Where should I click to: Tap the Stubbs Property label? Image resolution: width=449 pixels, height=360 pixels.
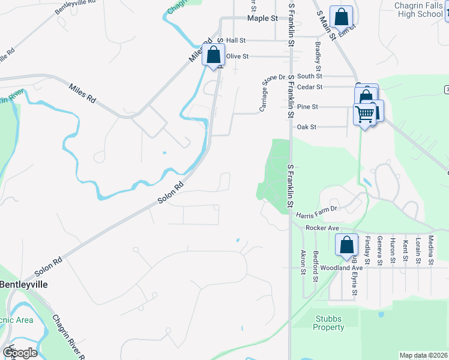point(328,323)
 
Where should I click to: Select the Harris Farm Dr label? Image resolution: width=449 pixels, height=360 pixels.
point(318,209)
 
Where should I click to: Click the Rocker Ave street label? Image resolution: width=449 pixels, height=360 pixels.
point(322,228)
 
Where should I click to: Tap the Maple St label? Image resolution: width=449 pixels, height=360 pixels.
point(262,19)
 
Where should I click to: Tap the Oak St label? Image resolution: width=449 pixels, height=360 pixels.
point(306,127)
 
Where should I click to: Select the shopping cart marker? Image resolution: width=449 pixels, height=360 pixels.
point(365,113)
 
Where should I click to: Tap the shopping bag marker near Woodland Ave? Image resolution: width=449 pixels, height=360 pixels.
point(346,245)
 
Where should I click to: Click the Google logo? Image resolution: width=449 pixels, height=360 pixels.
point(19,353)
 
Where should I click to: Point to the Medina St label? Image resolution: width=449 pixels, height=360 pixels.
point(430,250)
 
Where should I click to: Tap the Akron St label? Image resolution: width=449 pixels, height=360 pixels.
point(303,262)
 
